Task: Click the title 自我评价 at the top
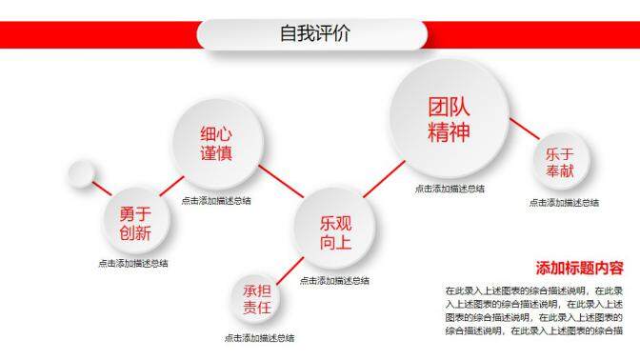pos(314,34)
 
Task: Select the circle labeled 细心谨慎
pos(216,145)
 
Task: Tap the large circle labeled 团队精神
pos(449,119)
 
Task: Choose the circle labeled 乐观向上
pos(335,232)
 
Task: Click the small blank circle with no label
pos(80,174)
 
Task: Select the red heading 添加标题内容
pos(579,268)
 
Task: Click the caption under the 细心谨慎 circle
pos(216,201)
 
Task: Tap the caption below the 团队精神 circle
pos(449,189)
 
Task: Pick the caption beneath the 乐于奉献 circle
pos(564,203)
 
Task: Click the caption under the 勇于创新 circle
pos(133,264)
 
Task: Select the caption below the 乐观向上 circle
pos(335,281)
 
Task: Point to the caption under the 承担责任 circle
pos(259,338)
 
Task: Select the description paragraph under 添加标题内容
pos(533,310)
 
